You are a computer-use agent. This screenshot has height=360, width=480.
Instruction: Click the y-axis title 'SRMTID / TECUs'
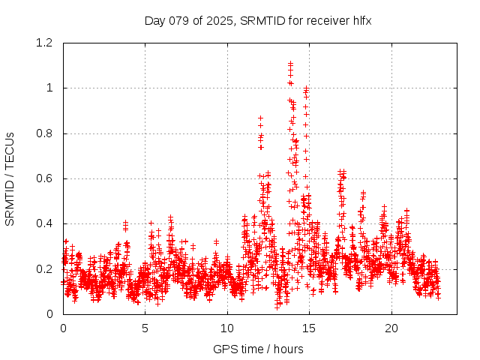pyautogui.click(x=10, y=178)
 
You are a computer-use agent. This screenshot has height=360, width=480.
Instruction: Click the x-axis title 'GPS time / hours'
pyautogui.click(x=258, y=349)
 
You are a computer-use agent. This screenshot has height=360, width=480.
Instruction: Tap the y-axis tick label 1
pyautogui.click(x=49, y=88)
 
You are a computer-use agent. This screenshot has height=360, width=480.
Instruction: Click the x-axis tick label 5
pyautogui.click(x=145, y=328)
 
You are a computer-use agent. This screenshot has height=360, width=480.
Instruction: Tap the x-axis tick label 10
pyautogui.click(x=227, y=328)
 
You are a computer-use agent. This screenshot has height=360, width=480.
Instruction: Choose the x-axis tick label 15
pyautogui.click(x=310, y=328)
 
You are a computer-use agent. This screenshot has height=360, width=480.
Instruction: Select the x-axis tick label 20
pyautogui.click(x=391, y=328)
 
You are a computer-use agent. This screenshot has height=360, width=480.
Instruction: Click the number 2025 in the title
pyautogui.click(x=224, y=20)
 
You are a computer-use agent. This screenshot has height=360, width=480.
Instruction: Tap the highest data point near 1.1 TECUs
pyautogui.click(x=290, y=64)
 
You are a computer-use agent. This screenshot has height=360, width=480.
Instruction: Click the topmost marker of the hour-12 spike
pyautogui.click(x=260, y=118)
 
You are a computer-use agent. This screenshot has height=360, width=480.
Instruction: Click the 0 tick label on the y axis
pyautogui.click(x=49, y=314)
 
